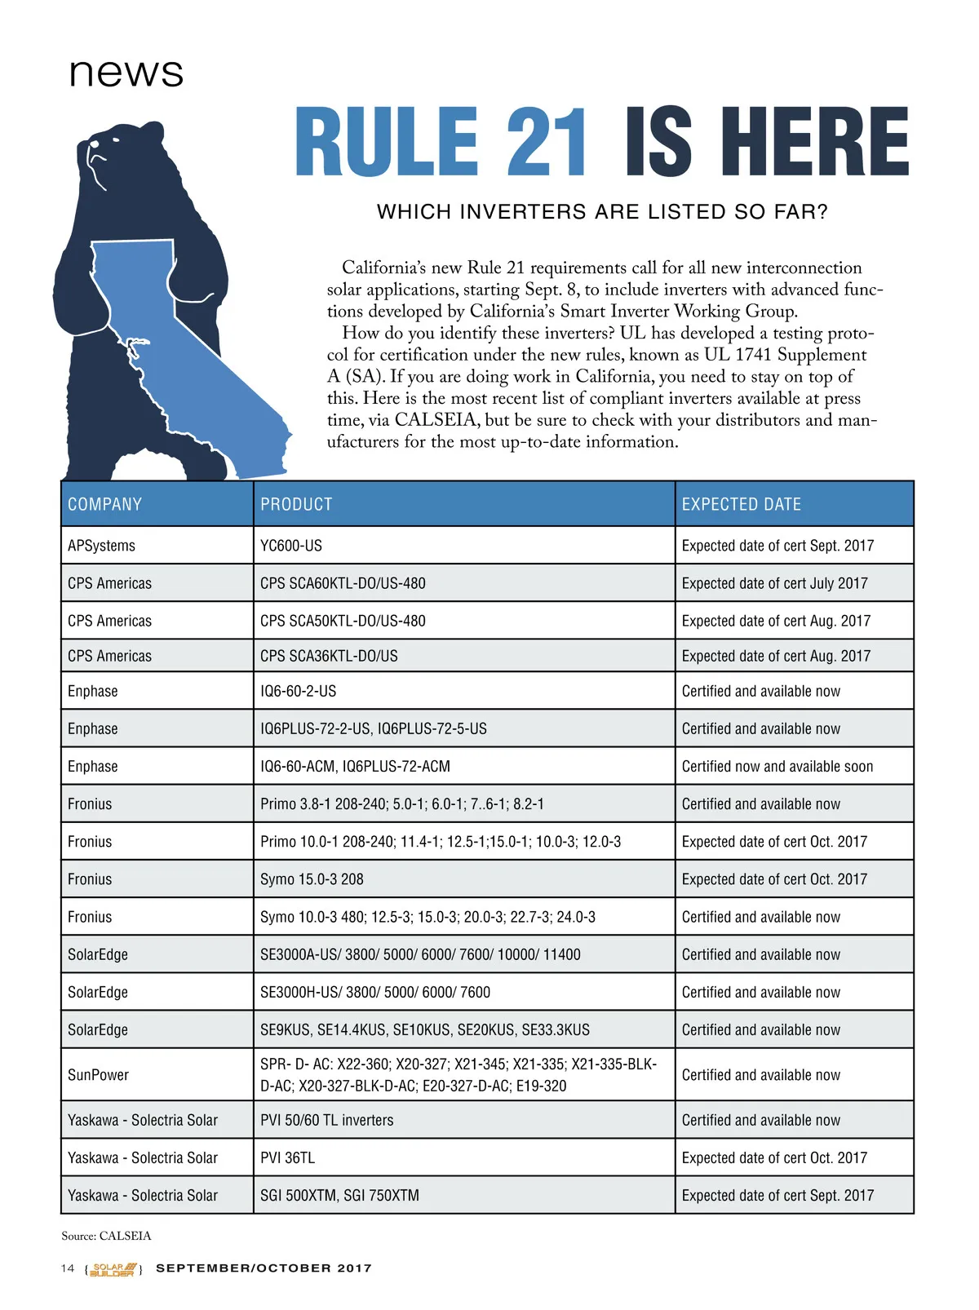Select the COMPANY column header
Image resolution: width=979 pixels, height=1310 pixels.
(105, 504)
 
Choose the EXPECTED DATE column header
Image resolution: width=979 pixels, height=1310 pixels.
(741, 504)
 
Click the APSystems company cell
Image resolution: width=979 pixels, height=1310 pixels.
(101, 546)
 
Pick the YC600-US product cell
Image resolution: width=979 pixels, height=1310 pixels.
(291, 546)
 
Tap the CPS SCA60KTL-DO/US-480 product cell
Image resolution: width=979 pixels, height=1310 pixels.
(343, 583)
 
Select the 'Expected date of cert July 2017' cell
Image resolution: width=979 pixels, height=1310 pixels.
(774, 583)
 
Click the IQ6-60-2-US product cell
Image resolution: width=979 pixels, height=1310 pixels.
(298, 691)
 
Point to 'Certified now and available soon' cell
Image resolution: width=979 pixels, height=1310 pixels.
(777, 766)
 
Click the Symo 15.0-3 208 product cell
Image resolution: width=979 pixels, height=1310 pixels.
(312, 879)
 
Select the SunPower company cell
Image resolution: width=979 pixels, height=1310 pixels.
(98, 1075)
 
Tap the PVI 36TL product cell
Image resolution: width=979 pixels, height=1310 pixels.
(287, 1157)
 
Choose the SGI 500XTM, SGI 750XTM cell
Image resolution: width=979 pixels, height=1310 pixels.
(339, 1195)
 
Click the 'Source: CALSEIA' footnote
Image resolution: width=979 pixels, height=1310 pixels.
(106, 1236)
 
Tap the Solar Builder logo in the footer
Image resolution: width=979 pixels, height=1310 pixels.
(114, 1269)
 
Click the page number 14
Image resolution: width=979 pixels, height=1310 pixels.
(68, 1268)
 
